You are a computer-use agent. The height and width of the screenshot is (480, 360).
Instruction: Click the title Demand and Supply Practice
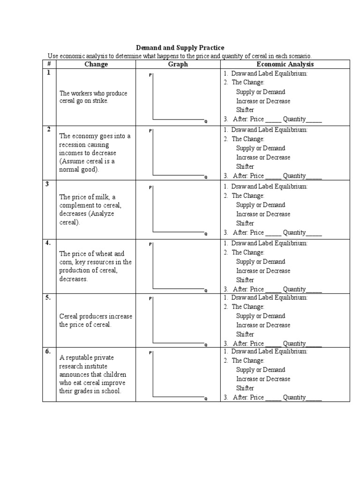tap(180, 48)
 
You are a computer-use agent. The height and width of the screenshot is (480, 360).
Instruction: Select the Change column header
tap(96, 64)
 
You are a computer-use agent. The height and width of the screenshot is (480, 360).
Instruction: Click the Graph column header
tap(178, 64)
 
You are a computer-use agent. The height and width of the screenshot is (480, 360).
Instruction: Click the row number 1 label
tap(47, 73)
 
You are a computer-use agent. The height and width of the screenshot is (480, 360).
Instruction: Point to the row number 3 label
tap(47, 184)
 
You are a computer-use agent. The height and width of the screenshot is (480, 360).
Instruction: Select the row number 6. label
tap(48, 351)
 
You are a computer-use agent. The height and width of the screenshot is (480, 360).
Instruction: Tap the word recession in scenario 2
tap(75, 145)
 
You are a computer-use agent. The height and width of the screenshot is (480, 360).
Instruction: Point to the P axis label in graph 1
tap(150, 75)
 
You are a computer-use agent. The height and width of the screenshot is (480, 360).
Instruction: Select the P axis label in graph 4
tap(150, 244)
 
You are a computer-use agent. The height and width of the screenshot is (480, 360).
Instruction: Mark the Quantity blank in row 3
tap(314, 233)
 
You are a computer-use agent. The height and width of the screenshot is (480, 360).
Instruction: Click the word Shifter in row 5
tap(245, 334)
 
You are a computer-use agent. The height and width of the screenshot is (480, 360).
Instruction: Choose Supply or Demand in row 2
tap(260, 148)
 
